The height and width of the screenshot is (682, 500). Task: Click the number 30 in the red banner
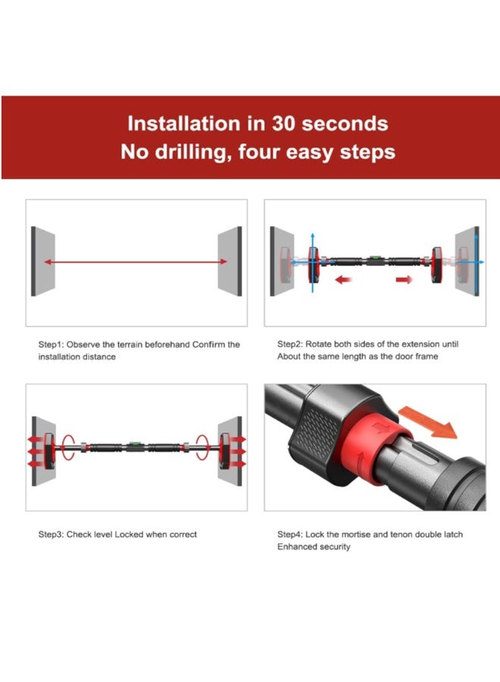(x=284, y=124)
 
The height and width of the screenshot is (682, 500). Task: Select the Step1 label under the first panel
(x=51, y=345)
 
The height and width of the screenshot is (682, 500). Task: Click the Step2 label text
(x=290, y=344)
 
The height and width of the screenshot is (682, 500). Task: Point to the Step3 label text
(x=51, y=534)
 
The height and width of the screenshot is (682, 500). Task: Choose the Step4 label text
(x=290, y=534)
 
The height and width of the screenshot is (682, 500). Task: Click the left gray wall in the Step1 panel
(x=43, y=261)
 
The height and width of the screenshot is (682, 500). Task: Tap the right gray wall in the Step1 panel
(x=230, y=261)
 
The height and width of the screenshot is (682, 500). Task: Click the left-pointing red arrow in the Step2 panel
(x=343, y=279)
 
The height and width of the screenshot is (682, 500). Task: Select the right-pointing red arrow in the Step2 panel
(x=404, y=279)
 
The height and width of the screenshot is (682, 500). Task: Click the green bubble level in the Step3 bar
(x=134, y=444)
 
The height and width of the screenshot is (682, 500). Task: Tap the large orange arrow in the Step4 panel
(x=428, y=421)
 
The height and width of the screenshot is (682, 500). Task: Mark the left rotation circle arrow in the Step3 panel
(x=68, y=446)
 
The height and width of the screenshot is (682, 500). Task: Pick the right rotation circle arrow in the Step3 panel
(x=202, y=446)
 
